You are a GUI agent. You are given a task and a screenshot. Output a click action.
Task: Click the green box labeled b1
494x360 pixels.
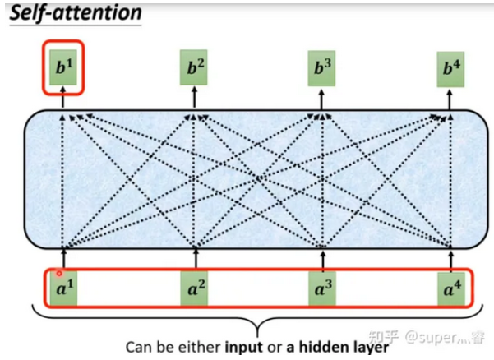63,67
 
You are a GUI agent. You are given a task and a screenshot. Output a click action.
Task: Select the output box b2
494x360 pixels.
195,67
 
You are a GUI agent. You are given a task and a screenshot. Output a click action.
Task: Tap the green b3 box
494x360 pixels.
321,67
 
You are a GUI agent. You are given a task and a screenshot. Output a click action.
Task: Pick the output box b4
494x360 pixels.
449,67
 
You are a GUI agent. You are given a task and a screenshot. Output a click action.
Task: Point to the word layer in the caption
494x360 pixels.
367,345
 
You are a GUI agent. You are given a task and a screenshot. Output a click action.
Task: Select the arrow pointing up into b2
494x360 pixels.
195,97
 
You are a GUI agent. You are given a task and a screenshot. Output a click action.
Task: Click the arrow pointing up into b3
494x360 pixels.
321,97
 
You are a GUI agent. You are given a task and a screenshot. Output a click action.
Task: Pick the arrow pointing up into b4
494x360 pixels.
449,97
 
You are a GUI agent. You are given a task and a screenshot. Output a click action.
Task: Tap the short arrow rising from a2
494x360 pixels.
195,256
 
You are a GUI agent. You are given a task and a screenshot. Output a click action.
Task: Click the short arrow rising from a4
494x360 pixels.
450,256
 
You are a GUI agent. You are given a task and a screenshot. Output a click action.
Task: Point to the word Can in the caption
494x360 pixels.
137,345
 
